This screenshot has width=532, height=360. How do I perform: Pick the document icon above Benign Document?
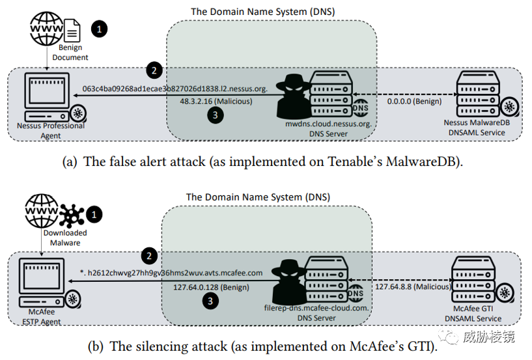[71, 30]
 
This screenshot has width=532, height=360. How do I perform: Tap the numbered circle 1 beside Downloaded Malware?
[95, 214]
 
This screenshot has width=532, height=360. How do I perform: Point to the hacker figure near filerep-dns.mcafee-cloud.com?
[290, 277]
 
